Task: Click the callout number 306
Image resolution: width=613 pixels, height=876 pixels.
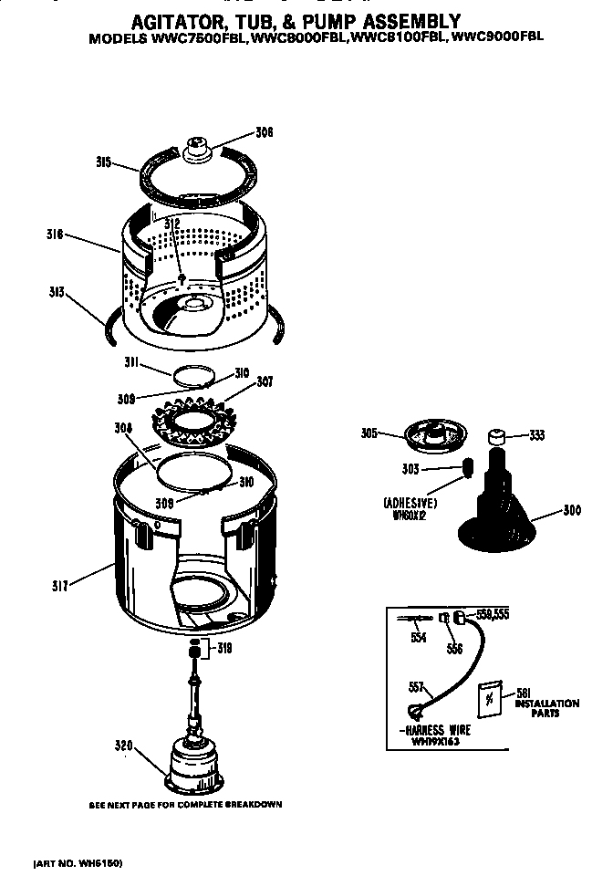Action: point(265,132)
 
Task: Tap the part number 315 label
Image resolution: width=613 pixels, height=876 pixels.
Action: point(103,162)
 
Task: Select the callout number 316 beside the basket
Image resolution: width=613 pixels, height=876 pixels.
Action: point(54,234)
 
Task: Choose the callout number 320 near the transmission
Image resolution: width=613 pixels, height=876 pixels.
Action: point(124,746)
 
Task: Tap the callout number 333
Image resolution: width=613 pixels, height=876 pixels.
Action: point(537,435)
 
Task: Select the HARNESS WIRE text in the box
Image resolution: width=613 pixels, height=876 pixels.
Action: point(440,732)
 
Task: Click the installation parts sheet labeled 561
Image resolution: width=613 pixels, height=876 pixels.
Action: point(491,697)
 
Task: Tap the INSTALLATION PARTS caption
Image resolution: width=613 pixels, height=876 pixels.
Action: point(546,707)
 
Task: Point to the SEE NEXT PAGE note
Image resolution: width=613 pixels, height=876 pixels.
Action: point(185,804)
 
